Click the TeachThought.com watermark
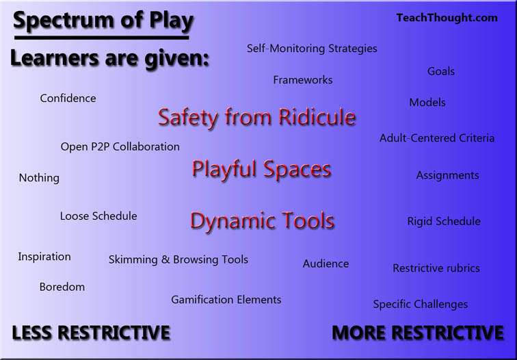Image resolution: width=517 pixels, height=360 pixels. coord(447,18)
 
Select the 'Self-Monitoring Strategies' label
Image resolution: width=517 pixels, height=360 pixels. coord(312,49)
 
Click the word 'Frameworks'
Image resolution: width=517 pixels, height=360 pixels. coord(303,80)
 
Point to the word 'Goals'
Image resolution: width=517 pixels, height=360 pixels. coord(441,71)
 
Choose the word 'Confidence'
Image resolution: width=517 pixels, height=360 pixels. coord(68,99)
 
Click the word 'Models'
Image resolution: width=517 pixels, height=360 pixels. coord(427,103)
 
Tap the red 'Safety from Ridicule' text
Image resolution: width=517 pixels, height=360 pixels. coord(257,117)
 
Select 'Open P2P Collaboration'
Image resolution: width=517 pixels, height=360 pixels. coord(120,147)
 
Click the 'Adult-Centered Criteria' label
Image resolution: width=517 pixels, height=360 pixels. coord(437,138)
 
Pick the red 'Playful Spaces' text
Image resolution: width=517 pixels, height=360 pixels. coord(262,169)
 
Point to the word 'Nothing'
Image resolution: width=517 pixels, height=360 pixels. coord(39,178)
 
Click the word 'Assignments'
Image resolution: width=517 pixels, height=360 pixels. coord(448,175)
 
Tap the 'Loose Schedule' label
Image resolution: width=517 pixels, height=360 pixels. coord(98,216)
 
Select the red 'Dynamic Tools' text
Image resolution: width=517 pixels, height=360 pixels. coord(263,221)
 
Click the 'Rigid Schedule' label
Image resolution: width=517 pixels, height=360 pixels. coord(444,222)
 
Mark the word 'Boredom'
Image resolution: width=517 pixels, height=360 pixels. coord(62,287)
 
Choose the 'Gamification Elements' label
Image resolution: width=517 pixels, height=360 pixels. coord(226,300)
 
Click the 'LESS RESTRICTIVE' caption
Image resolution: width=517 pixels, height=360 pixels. coord(91,333)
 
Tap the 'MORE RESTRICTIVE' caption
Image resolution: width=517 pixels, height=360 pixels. coord(418,333)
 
